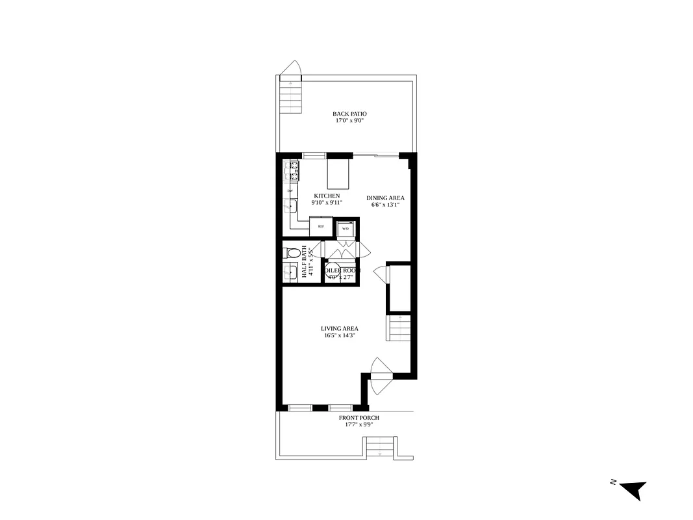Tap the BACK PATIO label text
[349, 114]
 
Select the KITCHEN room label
[327, 196]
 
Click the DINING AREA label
[386, 198]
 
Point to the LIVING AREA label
[339, 328]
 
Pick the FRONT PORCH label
[359, 418]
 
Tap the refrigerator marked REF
[321, 226]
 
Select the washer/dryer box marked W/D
[346, 228]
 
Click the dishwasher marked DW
[290, 190]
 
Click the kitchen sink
[290, 207]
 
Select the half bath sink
[290, 272]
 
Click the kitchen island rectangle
[338, 174]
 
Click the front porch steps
[381, 447]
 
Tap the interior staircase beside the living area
[399, 328]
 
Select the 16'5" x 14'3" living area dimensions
[339, 336]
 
